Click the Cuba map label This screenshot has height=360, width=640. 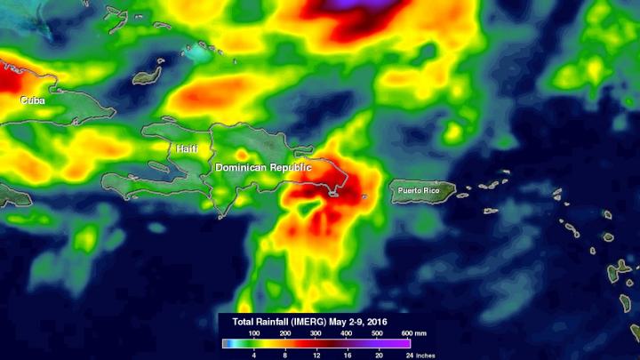pos(33,101)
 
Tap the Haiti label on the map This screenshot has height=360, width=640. pos(187,148)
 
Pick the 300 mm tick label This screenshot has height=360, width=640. pos(315,332)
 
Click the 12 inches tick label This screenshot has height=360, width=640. pos(315,353)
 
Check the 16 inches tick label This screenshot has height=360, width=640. pos(346,353)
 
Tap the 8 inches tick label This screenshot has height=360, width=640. pos(284,353)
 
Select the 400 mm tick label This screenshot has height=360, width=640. pos(346,332)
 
